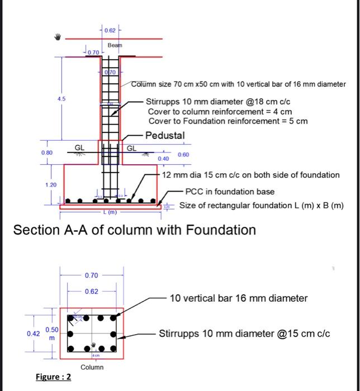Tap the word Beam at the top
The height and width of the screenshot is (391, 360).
pos(114,44)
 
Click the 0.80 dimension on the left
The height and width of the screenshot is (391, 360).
pos(46,152)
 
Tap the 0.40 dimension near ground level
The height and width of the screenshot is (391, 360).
pos(163,159)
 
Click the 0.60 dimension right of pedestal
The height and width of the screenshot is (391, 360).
pos(183,154)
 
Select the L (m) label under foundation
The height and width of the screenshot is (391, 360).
pos(110,213)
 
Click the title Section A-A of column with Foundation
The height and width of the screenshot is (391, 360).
pos(134,230)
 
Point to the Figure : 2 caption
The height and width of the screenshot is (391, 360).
pos(53,377)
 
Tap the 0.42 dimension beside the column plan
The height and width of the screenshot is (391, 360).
pos(33,333)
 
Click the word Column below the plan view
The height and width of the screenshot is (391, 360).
pos(92,367)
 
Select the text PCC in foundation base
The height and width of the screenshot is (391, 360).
pos(230,192)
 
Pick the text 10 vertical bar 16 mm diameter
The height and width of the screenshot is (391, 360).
pos(238,298)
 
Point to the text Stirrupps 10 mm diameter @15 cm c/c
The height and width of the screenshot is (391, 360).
pos(244,334)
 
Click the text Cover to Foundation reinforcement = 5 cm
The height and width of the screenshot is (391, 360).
pos(228,121)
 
